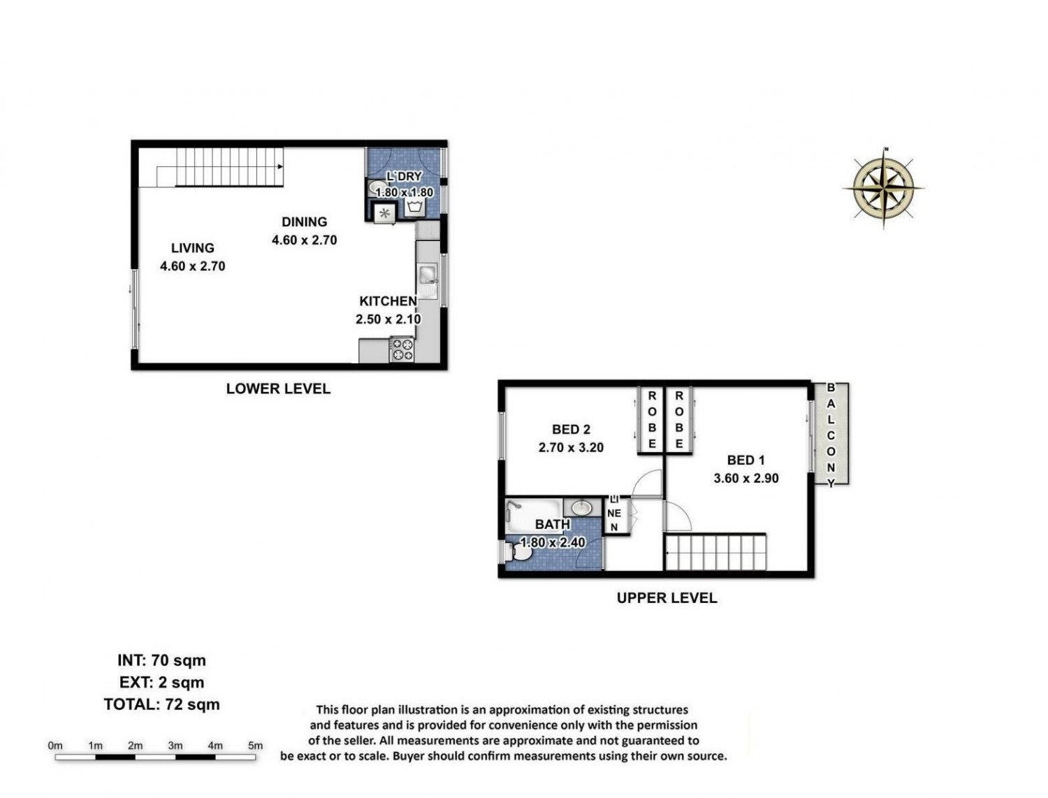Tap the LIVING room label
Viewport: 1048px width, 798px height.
coord(192,248)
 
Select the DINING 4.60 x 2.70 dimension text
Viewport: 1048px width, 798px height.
coord(304,240)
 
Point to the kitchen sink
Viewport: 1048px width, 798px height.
coord(428,282)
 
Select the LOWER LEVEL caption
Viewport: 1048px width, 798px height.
coord(278,389)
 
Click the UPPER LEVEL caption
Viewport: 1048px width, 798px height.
coord(667,597)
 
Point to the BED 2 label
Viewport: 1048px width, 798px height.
coord(571,429)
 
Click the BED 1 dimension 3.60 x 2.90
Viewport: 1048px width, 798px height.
coord(745,478)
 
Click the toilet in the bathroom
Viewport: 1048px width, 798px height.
coord(518,553)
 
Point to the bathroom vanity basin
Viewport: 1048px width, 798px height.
coord(581,507)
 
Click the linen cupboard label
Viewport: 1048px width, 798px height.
coord(614,513)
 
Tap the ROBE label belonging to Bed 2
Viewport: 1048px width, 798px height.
coord(652,420)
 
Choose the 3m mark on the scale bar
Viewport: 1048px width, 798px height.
coord(175,746)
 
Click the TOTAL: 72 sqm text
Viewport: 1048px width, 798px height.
coord(162,704)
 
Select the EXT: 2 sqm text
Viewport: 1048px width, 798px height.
coord(162,683)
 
